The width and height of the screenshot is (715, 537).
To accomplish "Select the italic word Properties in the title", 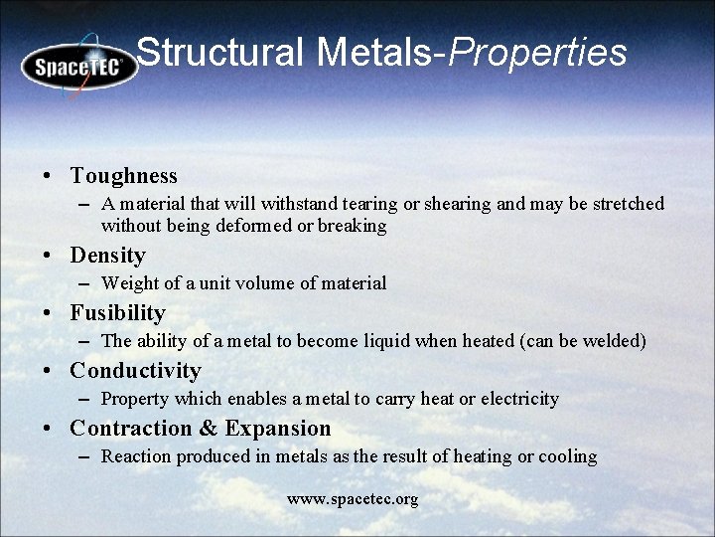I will [x=537, y=52].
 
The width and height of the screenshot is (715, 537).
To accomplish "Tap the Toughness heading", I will [x=123, y=176].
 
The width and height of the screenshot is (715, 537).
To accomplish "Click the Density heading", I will [x=107, y=256].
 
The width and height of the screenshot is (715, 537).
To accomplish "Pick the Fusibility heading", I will [x=117, y=313].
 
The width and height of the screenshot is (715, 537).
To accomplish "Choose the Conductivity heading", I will [x=135, y=371].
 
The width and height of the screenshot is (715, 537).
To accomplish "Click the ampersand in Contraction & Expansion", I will [x=209, y=429].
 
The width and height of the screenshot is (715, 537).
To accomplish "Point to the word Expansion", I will [x=278, y=429].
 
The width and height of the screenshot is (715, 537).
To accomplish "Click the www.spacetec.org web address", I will [x=353, y=498].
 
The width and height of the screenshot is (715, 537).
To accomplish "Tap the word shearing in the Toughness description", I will [x=457, y=204].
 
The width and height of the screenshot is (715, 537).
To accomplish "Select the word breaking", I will [x=352, y=226].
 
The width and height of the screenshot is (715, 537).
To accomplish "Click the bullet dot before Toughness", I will [x=48, y=177].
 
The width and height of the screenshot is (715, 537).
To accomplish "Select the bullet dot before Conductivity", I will [x=48, y=372].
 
